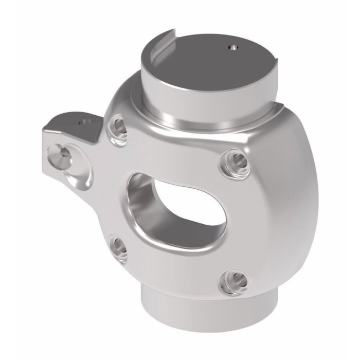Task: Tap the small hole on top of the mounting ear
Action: click(84, 122)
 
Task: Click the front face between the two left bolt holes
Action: click(116, 185)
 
